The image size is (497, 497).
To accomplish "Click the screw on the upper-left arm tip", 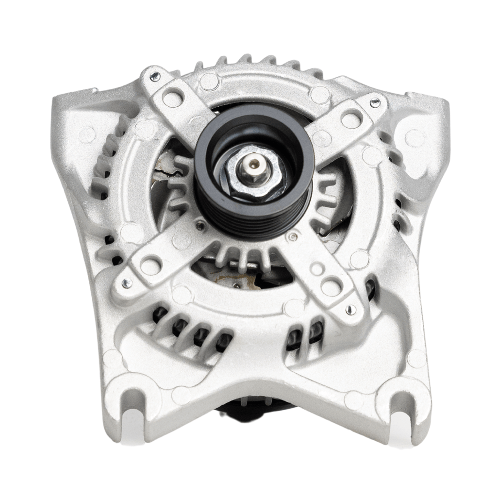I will (154, 76).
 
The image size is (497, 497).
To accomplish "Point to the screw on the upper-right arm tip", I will (375, 103).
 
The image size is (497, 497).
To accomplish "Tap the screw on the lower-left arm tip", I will (126, 283).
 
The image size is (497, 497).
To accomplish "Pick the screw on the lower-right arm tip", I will (350, 309).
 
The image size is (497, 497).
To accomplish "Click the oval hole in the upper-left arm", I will (172, 99).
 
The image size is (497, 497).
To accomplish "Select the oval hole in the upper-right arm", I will (351, 118).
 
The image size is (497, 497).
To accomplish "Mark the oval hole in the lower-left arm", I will (150, 265).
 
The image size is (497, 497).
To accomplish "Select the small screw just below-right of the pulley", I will (292, 236).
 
